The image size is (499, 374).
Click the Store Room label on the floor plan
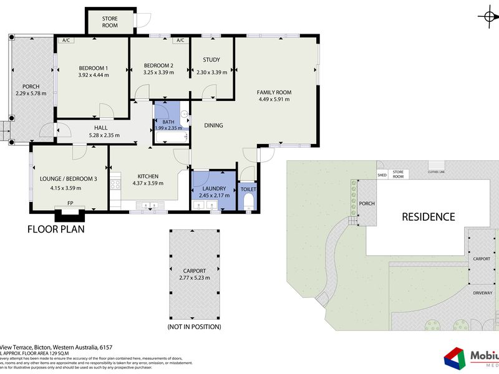point(110,22)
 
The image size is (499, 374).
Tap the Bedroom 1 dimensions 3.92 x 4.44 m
point(94,75)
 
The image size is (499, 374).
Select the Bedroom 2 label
point(158,65)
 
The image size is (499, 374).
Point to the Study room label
point(211,60)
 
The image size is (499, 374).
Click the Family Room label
point(274,93)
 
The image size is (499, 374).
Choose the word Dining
point(213,125)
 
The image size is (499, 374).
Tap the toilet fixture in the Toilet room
point(248,200)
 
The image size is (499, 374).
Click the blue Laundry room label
point(214,188)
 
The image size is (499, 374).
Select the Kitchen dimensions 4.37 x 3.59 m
point(148,183)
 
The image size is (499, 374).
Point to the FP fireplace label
point(69,204)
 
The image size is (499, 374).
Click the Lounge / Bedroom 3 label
point(69,179)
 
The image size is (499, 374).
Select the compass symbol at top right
point(488,17)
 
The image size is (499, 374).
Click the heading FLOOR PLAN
point(56,229)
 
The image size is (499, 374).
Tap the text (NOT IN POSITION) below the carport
point(194,327)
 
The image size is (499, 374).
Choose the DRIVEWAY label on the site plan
point(483,292)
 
